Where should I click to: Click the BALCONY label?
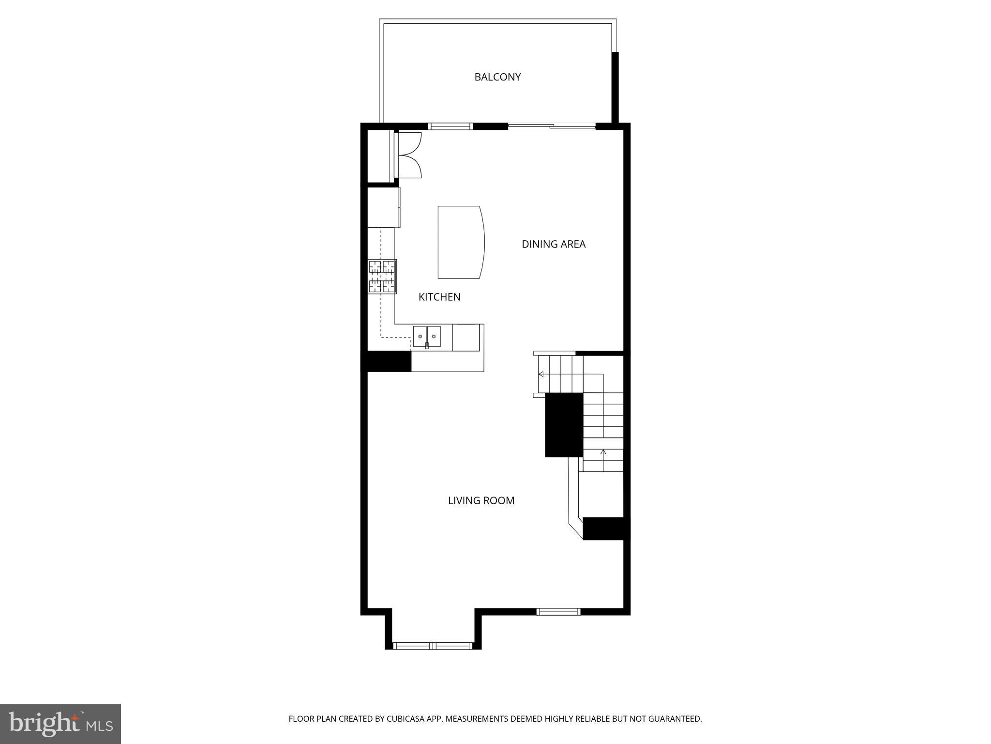pos(497,77)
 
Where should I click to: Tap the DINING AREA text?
pos(553,244)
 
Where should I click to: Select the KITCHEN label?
pos(439,297)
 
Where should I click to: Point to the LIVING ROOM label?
pos(480,501)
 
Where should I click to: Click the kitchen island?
pos(460,242)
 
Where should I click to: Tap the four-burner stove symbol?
pos(382,277)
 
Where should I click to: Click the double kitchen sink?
pos(427,337)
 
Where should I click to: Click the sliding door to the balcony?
pos(552,127)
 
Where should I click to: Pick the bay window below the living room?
pos(433,645)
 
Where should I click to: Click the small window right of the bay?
pos(558,612)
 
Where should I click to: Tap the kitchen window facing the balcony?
pos(450,127)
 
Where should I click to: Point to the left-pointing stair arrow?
pos(541,374)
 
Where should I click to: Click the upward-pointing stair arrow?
pos(603,452)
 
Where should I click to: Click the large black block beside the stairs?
pos(564,425)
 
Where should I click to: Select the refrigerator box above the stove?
pos(383,207)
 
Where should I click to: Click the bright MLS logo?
pos(60,724)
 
